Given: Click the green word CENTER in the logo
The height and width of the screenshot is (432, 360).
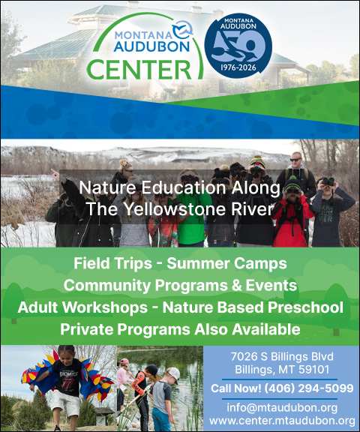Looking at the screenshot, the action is [139, 70].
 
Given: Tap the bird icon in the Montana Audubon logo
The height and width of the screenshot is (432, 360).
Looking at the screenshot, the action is [183, 30].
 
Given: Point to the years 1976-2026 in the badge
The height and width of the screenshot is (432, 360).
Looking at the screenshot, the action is [238, 67].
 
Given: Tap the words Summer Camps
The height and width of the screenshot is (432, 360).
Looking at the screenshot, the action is [226, 263].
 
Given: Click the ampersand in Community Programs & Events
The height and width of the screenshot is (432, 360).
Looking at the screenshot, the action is [236, 285].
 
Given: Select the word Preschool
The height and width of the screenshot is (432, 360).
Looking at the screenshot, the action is [305, 307].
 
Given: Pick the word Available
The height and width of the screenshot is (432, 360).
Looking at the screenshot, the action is [266, 329].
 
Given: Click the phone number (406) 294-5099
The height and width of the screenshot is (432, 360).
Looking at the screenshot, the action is [309, 388].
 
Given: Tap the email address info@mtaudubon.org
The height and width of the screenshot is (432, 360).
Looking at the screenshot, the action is [282, 407].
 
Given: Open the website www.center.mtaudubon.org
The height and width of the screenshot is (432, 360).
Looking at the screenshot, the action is [282, 421].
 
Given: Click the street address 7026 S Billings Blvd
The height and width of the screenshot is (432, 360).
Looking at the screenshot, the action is [282, 357].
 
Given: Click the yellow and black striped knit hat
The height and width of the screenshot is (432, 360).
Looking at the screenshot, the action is [257, 161].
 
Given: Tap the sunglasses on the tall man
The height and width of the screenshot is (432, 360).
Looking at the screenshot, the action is [295, 160].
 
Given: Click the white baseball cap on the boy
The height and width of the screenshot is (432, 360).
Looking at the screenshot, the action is [174, 373].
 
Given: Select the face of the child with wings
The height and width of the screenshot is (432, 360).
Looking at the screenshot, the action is [65, 355].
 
